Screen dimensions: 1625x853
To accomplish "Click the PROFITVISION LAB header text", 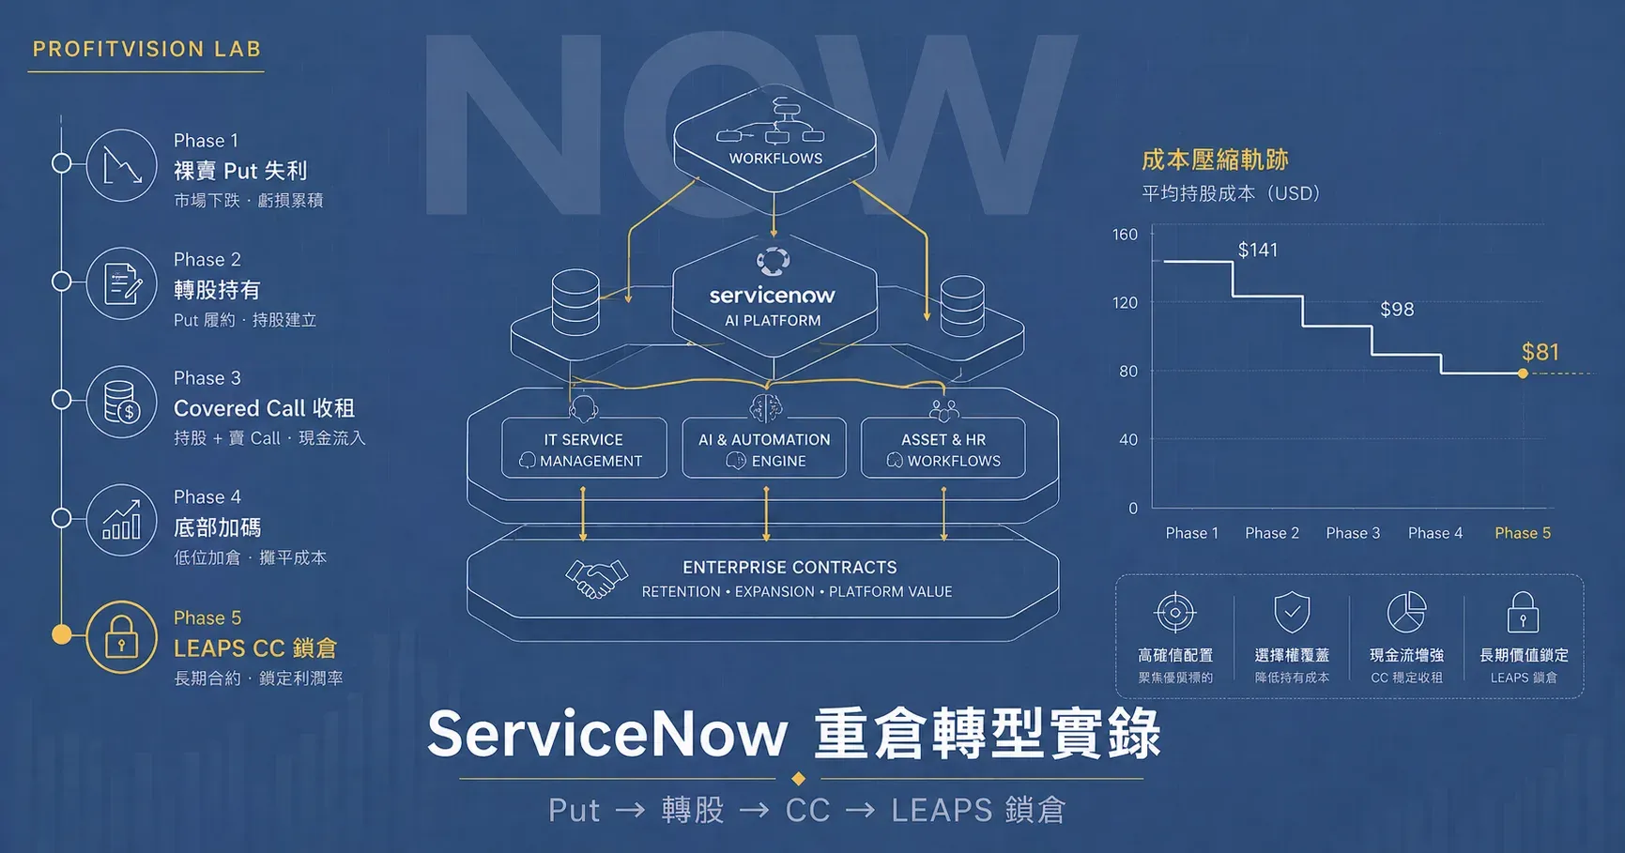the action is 146,49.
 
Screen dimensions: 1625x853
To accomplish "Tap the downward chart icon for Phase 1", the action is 122,165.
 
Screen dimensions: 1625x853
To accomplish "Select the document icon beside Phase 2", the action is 122,283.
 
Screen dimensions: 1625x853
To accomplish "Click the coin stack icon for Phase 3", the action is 122,402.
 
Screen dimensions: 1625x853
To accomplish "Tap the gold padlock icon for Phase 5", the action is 121,637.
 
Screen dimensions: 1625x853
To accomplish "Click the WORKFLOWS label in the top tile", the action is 775,159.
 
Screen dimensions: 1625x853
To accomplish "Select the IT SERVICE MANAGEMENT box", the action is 584,449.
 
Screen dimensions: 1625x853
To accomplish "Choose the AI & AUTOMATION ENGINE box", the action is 764,449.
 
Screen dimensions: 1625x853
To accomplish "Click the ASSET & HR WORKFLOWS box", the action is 943,449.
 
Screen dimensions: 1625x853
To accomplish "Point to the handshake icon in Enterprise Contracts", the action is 596,579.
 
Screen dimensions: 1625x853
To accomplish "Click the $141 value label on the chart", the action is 1258,250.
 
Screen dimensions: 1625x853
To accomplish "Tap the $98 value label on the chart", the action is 1397,310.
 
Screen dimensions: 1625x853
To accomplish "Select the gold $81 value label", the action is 1541,352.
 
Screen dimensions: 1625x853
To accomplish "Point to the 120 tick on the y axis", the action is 1125,303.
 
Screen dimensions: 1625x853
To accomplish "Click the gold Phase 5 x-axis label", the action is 1523,533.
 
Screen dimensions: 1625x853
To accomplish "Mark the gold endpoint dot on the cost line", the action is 1523,373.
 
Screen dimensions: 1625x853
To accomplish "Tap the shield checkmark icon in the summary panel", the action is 1292,613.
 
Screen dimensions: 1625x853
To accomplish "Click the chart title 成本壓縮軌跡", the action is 1215,160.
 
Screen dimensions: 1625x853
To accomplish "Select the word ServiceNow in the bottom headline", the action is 607,733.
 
